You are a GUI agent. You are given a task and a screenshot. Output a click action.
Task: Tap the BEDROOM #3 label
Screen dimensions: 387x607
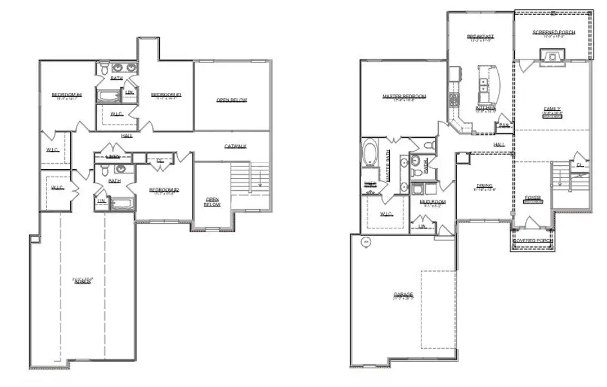point(166,95)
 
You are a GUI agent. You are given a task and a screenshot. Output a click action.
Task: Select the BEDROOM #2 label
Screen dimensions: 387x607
point(164,189)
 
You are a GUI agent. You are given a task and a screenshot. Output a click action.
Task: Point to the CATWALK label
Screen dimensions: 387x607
point(236,146)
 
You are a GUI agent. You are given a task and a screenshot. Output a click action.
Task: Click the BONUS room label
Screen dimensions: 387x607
point(81,282)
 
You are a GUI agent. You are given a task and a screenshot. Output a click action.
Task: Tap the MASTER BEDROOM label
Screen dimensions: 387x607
point(404,97)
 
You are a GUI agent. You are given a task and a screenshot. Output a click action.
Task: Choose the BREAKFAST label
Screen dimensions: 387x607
point(480,36)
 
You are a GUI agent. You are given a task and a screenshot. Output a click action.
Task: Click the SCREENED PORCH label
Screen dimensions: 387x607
point(554,32)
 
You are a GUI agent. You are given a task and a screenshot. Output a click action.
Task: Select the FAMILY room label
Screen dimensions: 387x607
point(552,108)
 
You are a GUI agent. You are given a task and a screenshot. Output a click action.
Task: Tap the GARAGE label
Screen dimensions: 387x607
point(403,295)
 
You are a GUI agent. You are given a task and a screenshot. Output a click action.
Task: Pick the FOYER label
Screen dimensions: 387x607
point(532,197)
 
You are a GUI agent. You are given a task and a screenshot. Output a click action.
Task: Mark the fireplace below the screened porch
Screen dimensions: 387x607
point(553,59)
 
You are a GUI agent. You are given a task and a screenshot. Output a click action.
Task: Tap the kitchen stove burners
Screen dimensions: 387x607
point(454,99)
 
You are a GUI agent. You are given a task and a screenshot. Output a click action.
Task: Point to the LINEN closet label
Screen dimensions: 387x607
point(113,157)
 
